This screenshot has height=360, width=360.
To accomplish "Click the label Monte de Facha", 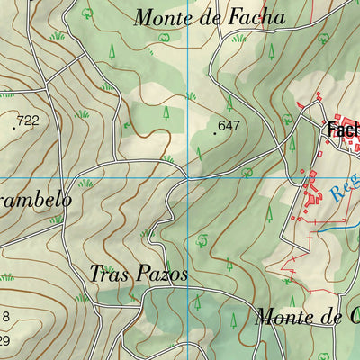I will point(209,17).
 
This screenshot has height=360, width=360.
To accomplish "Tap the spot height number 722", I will point(29,121).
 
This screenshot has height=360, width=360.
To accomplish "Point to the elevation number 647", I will point(229,126).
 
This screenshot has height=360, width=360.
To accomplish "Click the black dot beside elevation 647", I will point(214,133).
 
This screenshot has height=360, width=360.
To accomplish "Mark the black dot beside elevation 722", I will point(13,128).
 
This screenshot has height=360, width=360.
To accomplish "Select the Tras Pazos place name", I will point(139,274).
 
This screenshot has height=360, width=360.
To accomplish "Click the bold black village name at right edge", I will point(343,130).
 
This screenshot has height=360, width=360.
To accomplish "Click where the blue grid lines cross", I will point(187,178).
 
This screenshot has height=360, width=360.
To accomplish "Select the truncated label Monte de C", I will point(307,317).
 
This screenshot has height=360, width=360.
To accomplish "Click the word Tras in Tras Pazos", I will point(105,274).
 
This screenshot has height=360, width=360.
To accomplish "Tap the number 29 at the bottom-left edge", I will point(4,340).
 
